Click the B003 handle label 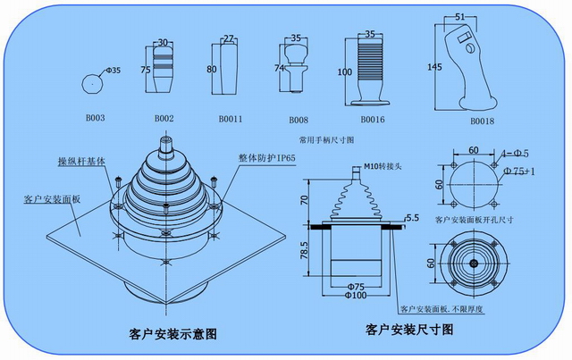(x=95, y=118)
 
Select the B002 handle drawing (x=164, y=73)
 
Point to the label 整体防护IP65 (x=266, y=157)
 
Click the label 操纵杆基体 (x=80, y=161)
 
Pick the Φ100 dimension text (x=355, y=295)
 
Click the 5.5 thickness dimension (x=412, y=217)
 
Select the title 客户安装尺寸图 (x=410, y=330)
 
